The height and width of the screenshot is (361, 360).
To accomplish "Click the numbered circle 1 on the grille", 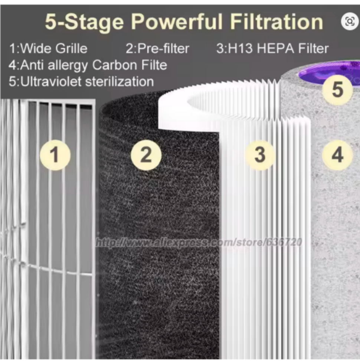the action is pyautogui.click(x=55, y=155).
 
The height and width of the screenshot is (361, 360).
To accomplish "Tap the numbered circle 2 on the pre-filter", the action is pyautogui.click(x=146, y=155).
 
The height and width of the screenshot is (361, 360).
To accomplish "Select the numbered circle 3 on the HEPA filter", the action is pyautogui.click(x=260, y=155).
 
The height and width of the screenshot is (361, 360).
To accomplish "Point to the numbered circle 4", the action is pyautogui.click(x=337, y=155).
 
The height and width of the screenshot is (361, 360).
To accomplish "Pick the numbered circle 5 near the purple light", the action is pyautogui.click(x=338, y=90).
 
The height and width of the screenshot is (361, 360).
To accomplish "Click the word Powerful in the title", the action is pyautogui.click(x=177, y=22).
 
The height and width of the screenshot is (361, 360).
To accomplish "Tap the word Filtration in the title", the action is pyautogui.click(x=276, y=22).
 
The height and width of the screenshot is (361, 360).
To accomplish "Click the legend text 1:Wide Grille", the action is pyautogui.click(x=48, y=49).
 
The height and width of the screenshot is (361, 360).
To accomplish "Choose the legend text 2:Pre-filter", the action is pyautogui.click(x=157, y=49).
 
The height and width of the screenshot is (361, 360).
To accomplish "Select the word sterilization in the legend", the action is pyautogui.click(x=120, y=82).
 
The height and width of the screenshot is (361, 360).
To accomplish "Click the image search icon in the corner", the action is pyautogui.click(x=350, y=21).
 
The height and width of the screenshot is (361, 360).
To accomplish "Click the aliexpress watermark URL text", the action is pyautogui.click(x=199, y=242).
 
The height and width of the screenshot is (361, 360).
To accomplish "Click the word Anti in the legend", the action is pyautogui.click(x=32, y=65).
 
